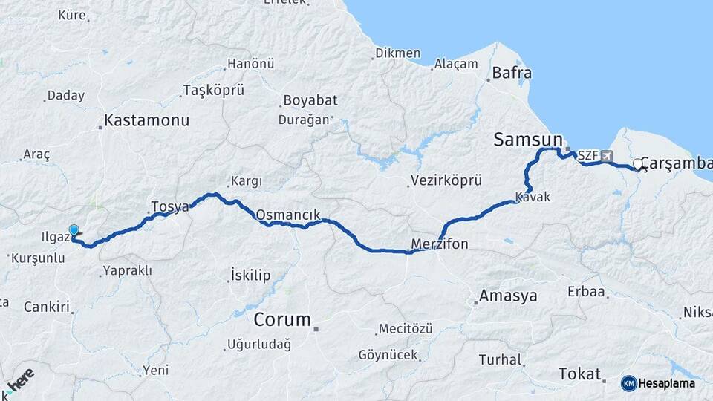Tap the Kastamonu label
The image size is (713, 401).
click(147, 120)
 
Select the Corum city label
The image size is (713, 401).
click(282, 320)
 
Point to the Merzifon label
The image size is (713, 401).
click(440, 244)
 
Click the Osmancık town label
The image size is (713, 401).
click(287, 215)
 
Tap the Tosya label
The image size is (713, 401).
click(170, 206)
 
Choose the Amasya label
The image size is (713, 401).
click(508, 296)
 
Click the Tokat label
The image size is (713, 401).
click(580, 374)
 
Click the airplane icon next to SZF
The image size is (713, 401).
click(608, 157)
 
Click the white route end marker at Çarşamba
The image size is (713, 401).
click(637, 165)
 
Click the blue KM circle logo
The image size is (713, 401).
click(628, 383)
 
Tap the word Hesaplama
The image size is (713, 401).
click(667, 383)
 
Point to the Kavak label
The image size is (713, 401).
click(533, 198)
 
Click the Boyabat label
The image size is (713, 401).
click(308, 100)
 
